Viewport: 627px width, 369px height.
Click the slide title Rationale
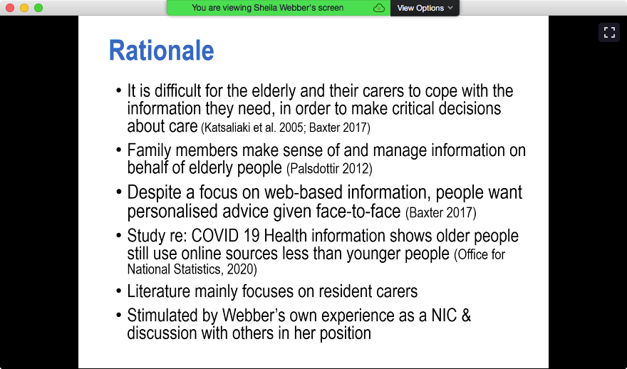(x=161, y=51)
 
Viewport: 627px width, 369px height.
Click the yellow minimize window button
(x=24, y=8)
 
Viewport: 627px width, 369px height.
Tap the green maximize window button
(x=38, y=8)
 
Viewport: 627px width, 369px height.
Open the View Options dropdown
(x=425, y=8)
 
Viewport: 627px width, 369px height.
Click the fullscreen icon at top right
(x=609, y=32)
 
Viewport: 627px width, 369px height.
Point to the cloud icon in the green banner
(x=378, y=8)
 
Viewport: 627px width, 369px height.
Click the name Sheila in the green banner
(x=265, y=8)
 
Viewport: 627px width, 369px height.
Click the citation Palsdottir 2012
(x=329, y=168)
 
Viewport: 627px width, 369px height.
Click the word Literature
(x=159, y=291)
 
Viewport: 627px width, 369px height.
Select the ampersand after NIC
(x=466, y=316)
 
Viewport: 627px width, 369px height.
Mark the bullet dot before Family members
(x=119, y=151)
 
